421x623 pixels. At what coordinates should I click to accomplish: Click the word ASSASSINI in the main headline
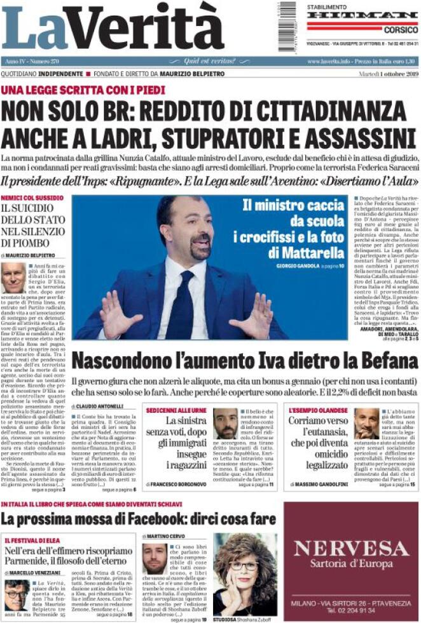(354, 138)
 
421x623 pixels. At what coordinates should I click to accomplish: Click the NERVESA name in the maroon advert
(351, 548)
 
